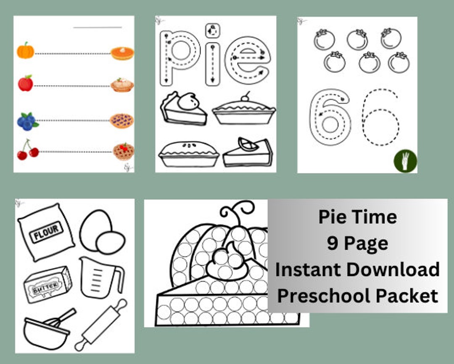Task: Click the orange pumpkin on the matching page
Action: tap(25, 51)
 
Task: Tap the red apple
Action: tap(25, 83)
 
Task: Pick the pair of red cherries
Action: tap(27, 151)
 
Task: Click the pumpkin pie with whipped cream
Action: tap(122, 53)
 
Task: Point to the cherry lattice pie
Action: tap(123, 152)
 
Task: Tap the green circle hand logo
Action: tap(405, 161)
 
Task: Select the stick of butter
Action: tap(47, 284)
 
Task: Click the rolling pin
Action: tap(101, 326)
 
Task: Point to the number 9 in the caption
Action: tap(333, 244)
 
